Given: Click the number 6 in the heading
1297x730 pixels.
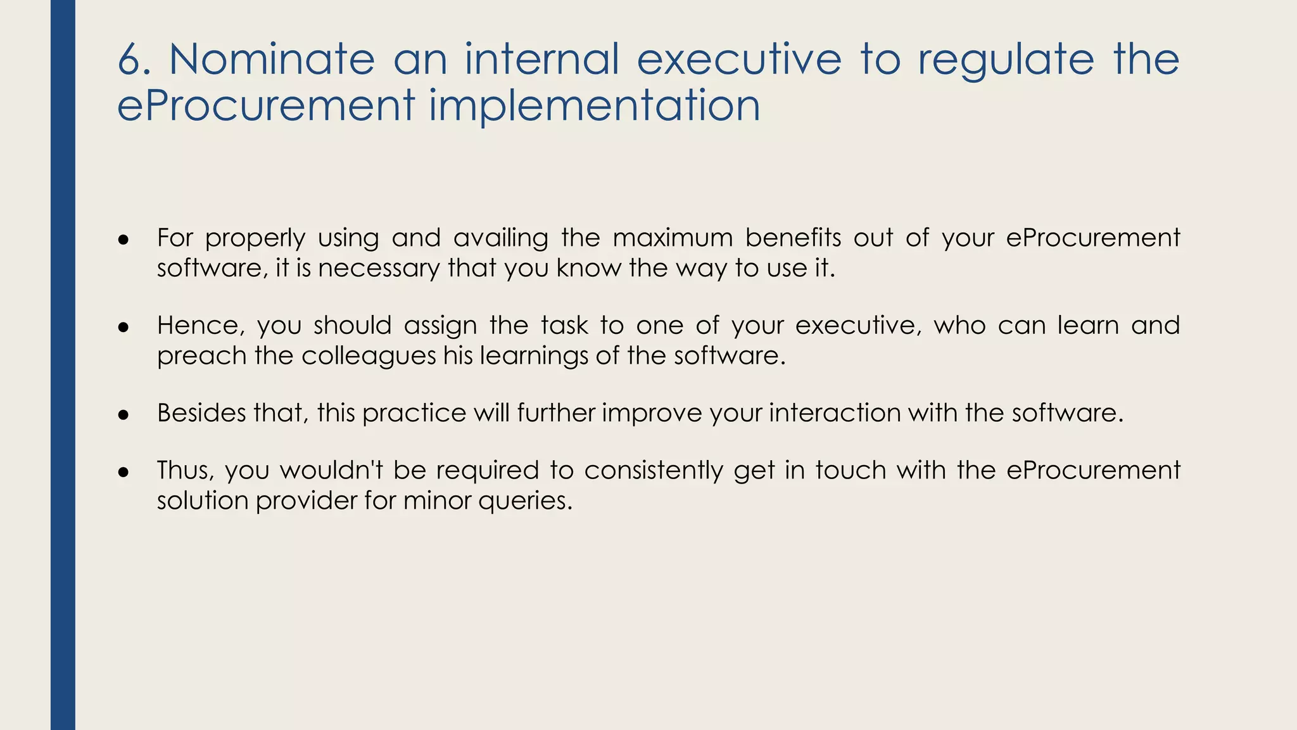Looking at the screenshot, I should [130, 60].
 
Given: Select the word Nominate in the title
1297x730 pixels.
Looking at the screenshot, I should [272, 60].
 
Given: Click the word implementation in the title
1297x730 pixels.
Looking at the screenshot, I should [595, 105].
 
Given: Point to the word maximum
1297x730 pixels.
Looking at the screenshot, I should [672, 238].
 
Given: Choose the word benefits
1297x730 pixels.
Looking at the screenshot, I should [793, 238].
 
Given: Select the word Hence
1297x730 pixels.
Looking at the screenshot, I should [200, 326].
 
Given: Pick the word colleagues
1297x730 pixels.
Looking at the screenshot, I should [369, 356].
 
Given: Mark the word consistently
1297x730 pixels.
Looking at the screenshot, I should [653, 471].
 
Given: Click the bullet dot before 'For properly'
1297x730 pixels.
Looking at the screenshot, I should [123, 240].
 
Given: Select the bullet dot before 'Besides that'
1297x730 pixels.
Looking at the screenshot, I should [123, 415].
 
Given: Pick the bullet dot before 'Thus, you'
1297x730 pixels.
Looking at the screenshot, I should [123, 473].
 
